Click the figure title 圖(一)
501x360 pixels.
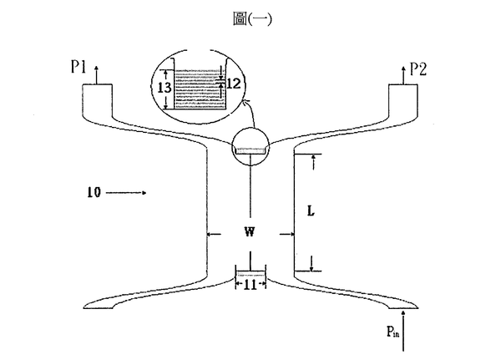pos(252,19)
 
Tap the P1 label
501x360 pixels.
pos(78,67)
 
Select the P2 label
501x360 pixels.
pos(418,69)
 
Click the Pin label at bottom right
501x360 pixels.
pos(392,332)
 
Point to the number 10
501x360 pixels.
pos(94,192)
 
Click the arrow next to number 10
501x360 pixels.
pos(126,193)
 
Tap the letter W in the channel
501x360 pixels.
pos(250,232)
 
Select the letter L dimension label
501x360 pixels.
pos(311,211)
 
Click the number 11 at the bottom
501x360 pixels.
pos(250,285)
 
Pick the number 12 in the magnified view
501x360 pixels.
pos(233,84)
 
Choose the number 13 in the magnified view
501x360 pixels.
pos(164,87)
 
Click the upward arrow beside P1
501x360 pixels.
pos(97,75)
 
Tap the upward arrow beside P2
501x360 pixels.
pos(403,75)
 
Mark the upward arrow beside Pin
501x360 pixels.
pos(403,331)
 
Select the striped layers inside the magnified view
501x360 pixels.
pos(200,89)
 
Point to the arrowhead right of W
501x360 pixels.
pos(291,235)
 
